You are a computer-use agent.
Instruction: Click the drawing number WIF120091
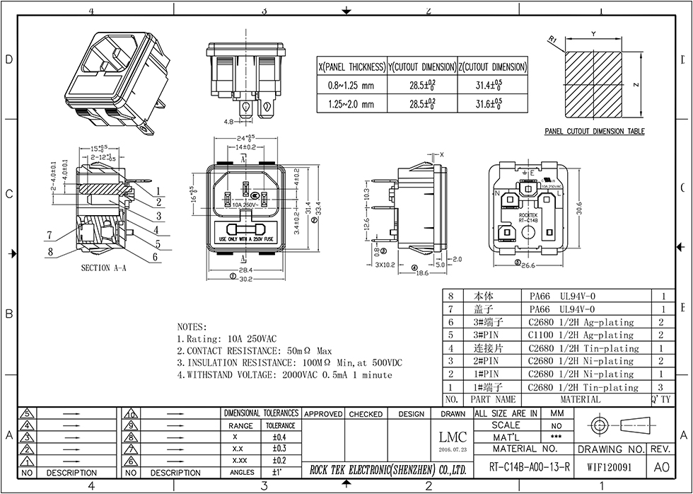pos(610,468)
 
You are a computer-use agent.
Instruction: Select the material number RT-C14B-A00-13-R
pos(525,468)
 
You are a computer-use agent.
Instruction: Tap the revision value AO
pos(661,468)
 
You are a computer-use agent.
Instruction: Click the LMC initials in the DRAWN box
pos(453,438)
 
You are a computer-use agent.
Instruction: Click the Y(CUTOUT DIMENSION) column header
pos(423,67)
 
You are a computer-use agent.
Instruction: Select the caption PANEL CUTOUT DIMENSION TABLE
pos(594,132)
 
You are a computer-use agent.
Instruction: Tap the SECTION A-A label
pos(105,268)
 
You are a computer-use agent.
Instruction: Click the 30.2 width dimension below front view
pos(247,279)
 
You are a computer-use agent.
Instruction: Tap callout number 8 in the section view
pos(51,250)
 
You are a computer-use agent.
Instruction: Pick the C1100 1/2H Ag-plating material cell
pos(581,335)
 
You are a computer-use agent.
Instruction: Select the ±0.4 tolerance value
pos(280,437)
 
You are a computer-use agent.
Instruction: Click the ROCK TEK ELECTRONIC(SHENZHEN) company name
pos(388,469)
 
